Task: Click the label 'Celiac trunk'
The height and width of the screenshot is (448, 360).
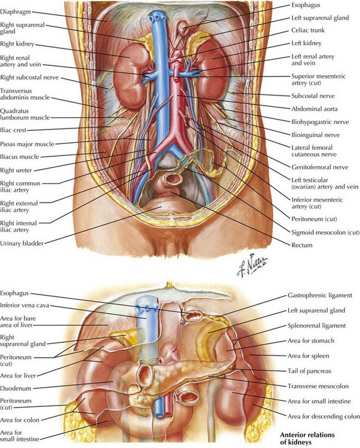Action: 307,30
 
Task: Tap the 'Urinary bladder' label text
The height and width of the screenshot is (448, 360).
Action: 21,244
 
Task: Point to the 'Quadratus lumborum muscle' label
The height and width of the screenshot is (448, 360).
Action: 25,114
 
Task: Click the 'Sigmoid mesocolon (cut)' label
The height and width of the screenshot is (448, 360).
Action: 325,232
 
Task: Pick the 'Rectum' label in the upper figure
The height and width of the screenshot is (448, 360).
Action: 301,245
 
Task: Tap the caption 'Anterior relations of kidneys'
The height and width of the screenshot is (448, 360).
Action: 307,438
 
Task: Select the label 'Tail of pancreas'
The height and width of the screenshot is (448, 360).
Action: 309,371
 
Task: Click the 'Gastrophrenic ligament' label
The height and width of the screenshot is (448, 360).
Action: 320,296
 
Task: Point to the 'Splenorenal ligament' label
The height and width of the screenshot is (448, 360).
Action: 316,326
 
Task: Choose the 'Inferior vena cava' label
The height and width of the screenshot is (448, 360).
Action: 24,305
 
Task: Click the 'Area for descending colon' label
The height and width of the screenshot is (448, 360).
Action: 324,416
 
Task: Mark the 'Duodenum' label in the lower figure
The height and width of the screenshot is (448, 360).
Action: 16,389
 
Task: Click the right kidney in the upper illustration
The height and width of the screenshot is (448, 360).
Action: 128,76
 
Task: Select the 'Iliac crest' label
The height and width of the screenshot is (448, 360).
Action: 13,130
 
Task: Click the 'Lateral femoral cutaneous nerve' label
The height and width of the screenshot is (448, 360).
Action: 314,151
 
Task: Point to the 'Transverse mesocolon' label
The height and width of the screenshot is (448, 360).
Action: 318,386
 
